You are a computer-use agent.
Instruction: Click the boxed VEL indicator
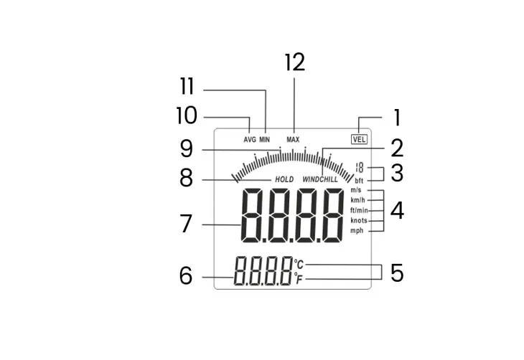[360, 139]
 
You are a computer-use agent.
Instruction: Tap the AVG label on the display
[250, 139]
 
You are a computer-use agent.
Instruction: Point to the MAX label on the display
[293, 139]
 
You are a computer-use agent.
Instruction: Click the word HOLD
[284, 179]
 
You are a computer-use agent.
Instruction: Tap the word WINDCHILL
[320, 179]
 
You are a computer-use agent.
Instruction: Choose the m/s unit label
[356, 191]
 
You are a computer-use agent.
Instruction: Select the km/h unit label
[357, 201]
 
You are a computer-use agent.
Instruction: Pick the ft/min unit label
[359, 211]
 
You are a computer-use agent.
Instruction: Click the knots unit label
[358, 221]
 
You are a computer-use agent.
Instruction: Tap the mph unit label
[357, 231]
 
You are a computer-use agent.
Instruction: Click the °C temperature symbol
[299, 265]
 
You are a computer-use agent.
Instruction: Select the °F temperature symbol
[299, 279]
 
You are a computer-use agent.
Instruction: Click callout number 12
[294, 62]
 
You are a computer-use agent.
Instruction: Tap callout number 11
[187, 87]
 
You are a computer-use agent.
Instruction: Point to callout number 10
[186, 116]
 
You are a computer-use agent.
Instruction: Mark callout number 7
[186, 224]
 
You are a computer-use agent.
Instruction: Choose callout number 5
[397, 273]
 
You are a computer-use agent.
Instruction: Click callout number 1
[396, 118]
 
